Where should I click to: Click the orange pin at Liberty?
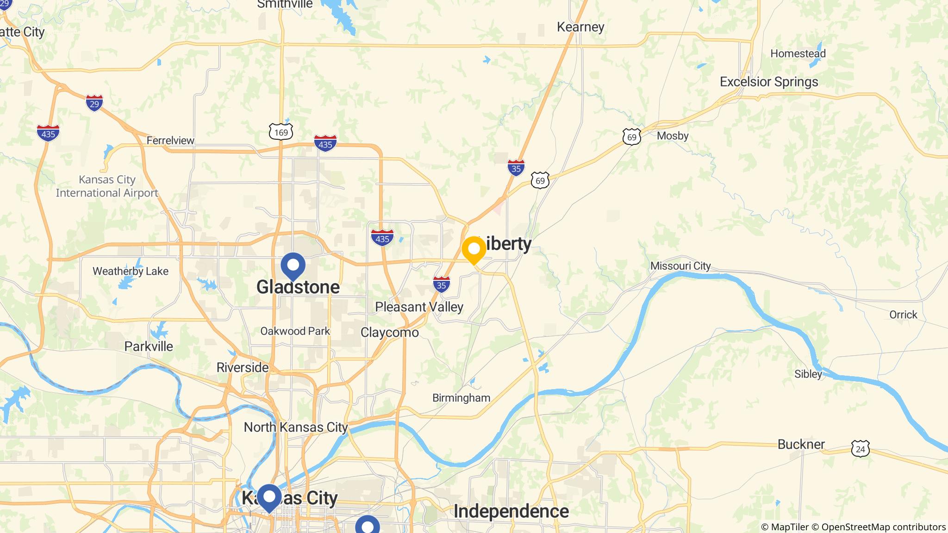click(x=474, y=250)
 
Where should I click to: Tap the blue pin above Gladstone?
click(x=293, y=266)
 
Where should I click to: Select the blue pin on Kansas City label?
click(x=269, y=497)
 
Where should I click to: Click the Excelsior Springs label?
click(x=769, y=82)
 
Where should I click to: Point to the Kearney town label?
click(x=580, y=27)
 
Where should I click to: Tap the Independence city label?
click(x=511, y=511)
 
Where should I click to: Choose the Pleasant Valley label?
click(x=419, y=307)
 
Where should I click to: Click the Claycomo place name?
click(x=389, y=332)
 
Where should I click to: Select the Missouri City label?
click(x=680, y=266)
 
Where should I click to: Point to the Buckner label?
click(x=801, y=444)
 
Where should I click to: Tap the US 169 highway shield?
click(x=281, y=132)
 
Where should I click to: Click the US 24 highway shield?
click(x=860, y=449)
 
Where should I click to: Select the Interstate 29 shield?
click(x=94, y=103)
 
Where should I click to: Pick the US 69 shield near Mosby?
click(x=632, y=137)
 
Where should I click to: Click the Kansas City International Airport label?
click(x=107, y=186)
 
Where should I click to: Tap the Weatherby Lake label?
click(x=131, y=271)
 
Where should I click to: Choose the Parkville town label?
click(x=149, y=346)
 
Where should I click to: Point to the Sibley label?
click(x=808, y=374)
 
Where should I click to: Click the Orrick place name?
click(x=903, y=315)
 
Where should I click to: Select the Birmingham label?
click(x=461, y=397)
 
